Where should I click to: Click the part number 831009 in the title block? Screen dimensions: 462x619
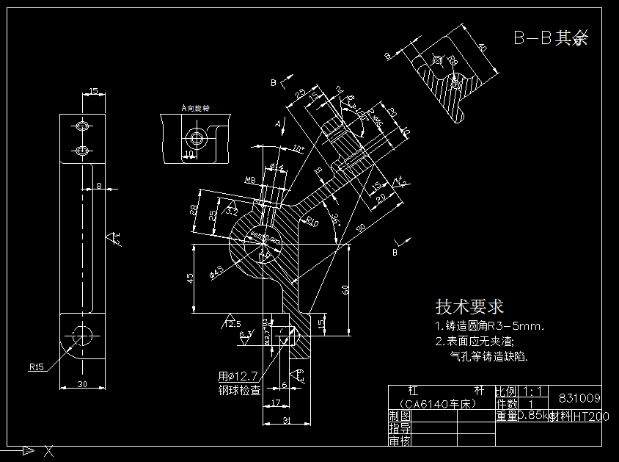point(579,397)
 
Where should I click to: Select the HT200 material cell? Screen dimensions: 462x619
point(590,416)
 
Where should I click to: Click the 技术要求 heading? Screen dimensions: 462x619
point(469,306)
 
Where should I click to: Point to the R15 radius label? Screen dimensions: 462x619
point(38,365)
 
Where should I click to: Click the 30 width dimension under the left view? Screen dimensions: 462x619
point(81,384)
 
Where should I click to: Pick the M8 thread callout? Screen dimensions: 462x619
point(249,180)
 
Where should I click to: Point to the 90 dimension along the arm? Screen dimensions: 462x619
point(360,228)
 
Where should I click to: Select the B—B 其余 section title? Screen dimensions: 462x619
point(550,38)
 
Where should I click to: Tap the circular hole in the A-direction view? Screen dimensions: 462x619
point(196,137)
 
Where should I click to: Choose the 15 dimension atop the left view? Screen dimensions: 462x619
point(93,91)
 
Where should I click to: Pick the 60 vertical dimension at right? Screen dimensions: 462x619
point(345,290)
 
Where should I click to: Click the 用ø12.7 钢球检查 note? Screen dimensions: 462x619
point(239,383)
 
